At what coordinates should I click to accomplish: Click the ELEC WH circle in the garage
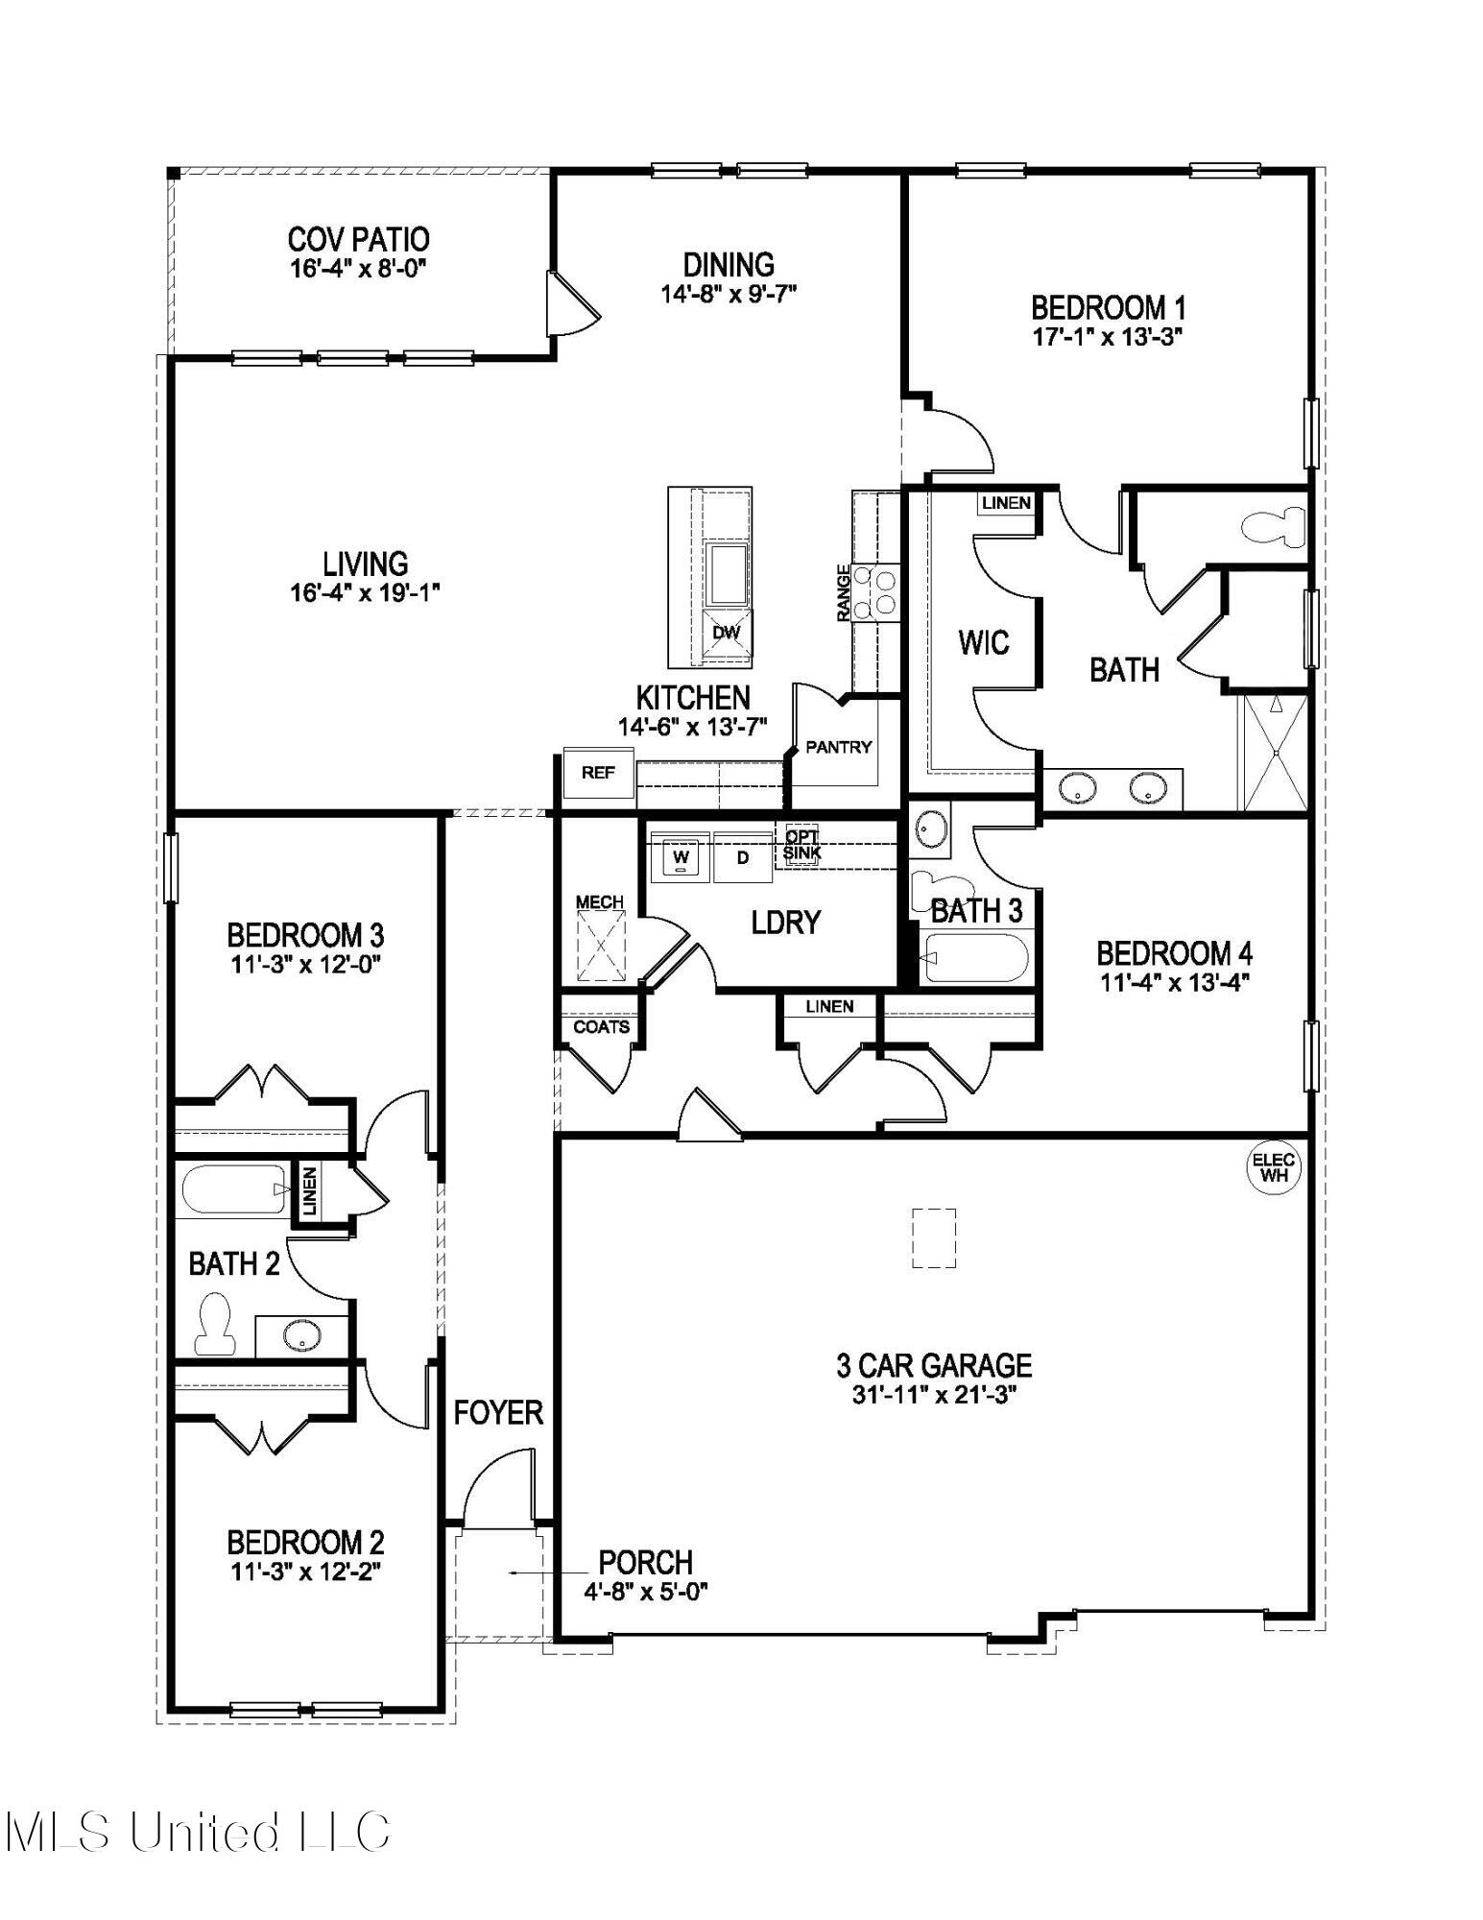pos(1274,1168)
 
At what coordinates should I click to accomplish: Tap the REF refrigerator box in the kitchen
pos(598,773)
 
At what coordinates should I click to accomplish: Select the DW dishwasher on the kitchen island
pos(727,634)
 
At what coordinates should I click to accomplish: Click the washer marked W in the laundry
pos(681,857)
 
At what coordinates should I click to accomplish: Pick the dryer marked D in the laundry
pos(742,857)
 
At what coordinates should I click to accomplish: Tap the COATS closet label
pos(601,1027)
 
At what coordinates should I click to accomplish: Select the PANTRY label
pos(838,747)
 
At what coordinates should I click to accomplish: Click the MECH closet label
pos(599,902)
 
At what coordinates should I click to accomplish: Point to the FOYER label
pos(498,1413)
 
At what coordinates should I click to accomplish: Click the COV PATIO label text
pos(358,239)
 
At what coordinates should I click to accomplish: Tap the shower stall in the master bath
pos(1275,753)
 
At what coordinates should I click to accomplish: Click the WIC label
pos(983,642)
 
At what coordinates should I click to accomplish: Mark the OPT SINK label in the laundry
pos(801,845)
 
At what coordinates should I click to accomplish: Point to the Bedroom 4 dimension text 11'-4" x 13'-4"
pos(1173,983)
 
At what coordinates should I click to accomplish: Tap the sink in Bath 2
pos(301,1335)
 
